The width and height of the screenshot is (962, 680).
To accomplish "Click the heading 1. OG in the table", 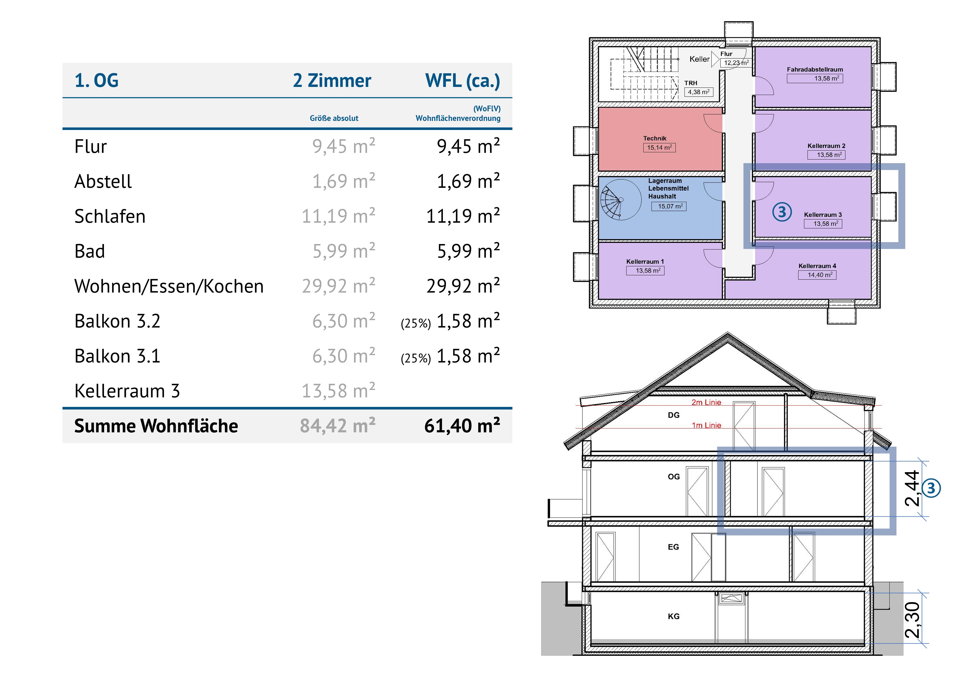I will click(96, 80).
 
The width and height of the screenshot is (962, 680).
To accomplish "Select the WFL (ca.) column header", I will click(463, 80).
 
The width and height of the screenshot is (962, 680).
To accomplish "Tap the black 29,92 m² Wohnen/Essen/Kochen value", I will click(463, 286).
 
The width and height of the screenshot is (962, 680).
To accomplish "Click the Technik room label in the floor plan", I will click(655, 138).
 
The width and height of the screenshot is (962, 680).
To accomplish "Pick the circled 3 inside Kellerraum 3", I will click(782, 212).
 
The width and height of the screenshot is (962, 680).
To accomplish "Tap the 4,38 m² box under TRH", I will click(698, 92).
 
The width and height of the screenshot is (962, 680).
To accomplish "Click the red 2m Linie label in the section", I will click(706, 403).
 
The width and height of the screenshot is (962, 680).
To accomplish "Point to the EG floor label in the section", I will click(673, 547).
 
